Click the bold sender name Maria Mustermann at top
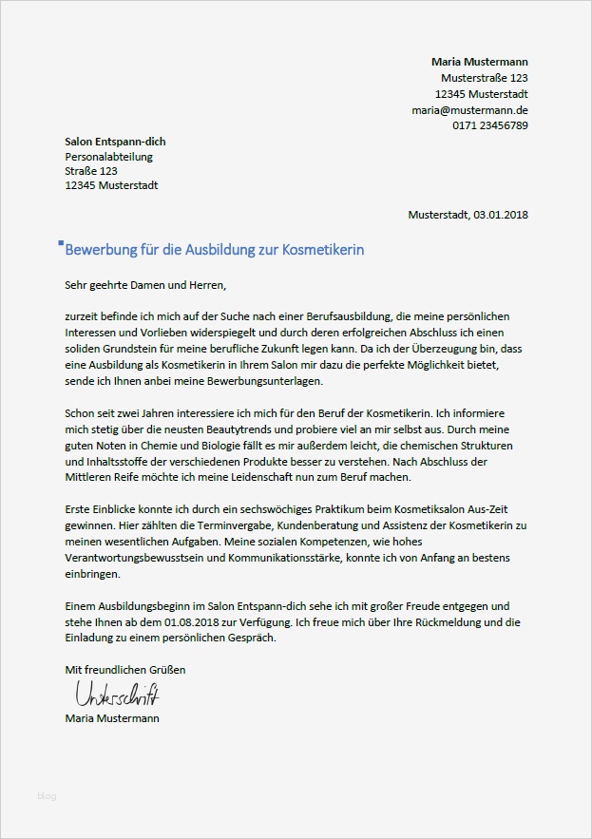pyautogui.click(x=479, y=62)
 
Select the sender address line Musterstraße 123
pyautogui.click(x=484, y=78)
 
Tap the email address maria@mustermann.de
pyautogui.click(x=469, y=110)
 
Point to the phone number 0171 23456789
pyautogui.click(x=490, y=126)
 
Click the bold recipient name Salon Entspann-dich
pyautogui.click(x=115, y=142)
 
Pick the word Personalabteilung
pyautogui.click(x=108, y=157)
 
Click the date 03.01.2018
pyautogui.click(x=501, y=215)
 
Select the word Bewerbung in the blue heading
pyautogui.click(x=100, y=249)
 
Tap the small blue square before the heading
pyautogui.click(x=61, y=243)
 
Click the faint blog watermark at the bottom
pyautogui.click(x=48, y=795)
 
